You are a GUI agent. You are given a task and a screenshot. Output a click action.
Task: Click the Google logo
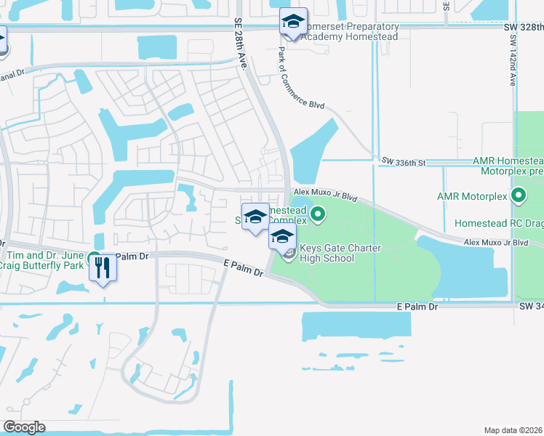24,427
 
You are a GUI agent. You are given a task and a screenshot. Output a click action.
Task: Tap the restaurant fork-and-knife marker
102,269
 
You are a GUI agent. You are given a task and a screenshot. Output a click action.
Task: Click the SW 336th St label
403,160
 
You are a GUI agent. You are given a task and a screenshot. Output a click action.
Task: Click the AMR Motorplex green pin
519,195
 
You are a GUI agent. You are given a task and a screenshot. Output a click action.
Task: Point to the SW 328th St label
523,26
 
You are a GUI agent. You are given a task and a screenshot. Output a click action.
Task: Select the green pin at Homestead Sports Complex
318,214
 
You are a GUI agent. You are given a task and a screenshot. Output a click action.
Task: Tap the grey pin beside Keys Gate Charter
289,254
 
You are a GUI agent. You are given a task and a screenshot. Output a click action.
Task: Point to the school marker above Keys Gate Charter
282,235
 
